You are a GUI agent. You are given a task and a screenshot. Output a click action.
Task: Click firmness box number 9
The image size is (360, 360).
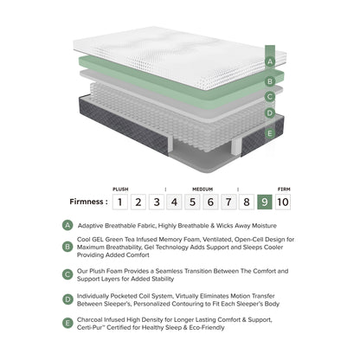(x=265, y=202)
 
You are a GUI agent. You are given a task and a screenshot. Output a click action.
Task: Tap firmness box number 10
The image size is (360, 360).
(x=284, y=202)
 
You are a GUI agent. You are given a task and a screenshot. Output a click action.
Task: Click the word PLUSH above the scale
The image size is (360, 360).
(x=120, y=188)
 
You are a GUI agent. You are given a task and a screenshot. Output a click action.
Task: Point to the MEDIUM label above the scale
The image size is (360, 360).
(x=202, y=188)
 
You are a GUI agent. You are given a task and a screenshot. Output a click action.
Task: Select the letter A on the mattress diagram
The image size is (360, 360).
(x=270, y=61)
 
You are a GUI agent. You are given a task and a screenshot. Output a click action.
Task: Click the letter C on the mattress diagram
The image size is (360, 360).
(x=270, y=96)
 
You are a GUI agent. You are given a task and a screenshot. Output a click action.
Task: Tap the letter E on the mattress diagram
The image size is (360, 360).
(x=270, y=133)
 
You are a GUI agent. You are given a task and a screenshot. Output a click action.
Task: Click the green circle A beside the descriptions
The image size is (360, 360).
(x=68, y=224)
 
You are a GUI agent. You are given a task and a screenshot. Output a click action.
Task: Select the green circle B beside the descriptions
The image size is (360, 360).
(x=68, y=246)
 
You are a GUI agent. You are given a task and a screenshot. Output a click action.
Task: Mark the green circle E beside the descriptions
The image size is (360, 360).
(x=68, y=325)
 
